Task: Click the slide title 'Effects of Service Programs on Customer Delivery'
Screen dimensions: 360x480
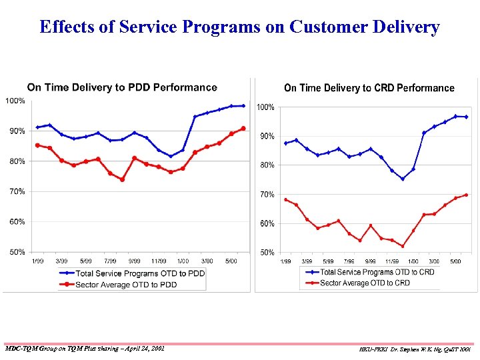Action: pyautogui.click(x=239, y=27)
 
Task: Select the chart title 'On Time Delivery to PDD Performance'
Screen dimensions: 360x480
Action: pyautogui.click(x=122, y=87)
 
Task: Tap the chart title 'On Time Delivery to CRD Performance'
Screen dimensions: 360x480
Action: pyautogui.click(x=369, y=88)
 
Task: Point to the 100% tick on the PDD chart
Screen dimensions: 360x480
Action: pyautogui.click(x=15, y=101)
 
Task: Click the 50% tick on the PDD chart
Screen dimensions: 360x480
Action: pyautogui.click(x=17, y=252)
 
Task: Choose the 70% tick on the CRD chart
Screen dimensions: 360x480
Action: pyautogui.click(x=266, y=195)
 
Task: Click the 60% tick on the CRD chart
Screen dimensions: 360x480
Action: pyautogui.click(x=266, y=224)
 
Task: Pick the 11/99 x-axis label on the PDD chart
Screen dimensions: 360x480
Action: pyautogui.click(x=158, y=261)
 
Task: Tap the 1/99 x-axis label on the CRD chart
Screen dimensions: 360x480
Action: pyautogui.click(x=286, y=261)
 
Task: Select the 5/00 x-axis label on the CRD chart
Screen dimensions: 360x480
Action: pyautogui.click(x=455, y=261)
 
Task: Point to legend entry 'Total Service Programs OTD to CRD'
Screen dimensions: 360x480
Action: pyautogui.click(x=377, y=272)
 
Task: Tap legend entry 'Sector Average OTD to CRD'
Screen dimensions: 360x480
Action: pyautogui.click(x=365, y=283)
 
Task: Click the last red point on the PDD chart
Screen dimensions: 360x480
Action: pyautogui.click(x=243, y=128)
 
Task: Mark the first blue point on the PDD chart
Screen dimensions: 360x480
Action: pyautogui.click(x=37, y=127)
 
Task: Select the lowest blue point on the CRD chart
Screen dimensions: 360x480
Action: pyautogui.click(x=403, y=179)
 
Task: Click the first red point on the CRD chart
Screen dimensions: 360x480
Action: pyautogui.click(x=286, y=199)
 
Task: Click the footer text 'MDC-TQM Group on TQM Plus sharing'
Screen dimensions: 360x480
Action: pyautogui.click(x=83, y=348)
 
